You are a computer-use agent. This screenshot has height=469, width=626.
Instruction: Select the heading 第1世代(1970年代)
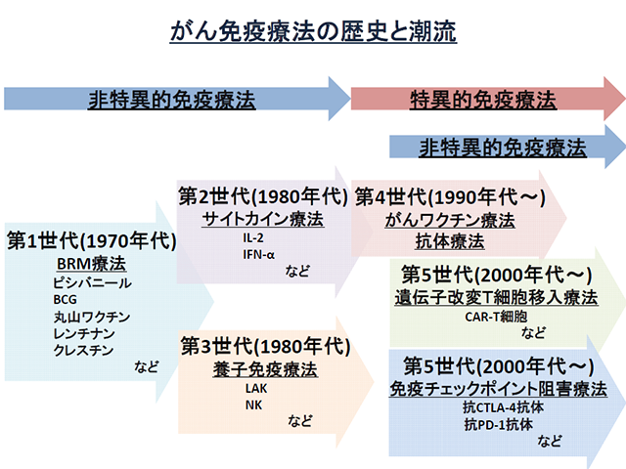click(91, 239)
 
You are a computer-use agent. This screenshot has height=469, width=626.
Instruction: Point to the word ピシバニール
click(93, 282)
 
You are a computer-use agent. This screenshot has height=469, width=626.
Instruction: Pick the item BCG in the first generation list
click(67, 299)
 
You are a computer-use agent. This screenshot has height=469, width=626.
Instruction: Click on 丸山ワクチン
click(92, 317)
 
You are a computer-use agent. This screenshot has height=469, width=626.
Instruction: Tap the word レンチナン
click(86, 334)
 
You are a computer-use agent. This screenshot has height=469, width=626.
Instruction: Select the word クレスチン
click(86, 351)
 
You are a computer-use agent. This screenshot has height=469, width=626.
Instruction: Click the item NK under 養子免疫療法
click(253, 405)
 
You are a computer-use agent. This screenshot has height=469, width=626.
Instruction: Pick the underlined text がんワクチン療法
click(450, 219)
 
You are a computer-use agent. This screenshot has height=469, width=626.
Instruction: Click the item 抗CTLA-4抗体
click(503, 407)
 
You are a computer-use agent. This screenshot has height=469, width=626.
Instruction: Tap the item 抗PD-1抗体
click(497, 424)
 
